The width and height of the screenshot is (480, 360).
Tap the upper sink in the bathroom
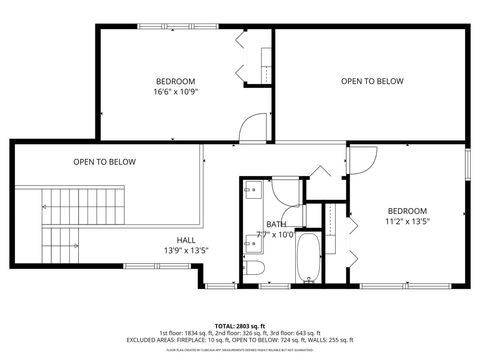pyautogui.click(x=251, y=189)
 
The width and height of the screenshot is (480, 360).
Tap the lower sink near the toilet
pyautogui.click(x=251, y=242)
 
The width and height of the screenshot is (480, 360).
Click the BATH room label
pyautogui.click(x=275, y=224)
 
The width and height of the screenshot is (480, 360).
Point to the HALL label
pyautogui.click(x=186, y=240)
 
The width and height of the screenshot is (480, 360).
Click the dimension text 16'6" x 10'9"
pyautogui.click(x=175, y=92)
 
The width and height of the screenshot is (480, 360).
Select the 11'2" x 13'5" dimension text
pyautogui.click(x=407, y=222)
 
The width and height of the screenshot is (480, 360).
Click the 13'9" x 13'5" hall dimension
pyautogui.click(x=186, y=251)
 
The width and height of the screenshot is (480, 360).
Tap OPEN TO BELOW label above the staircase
pyautogui.click(x=104, y=162)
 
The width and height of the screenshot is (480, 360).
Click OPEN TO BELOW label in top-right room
pyautogui.click(x=372, y=81)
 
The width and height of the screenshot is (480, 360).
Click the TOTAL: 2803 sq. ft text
pyautogui.click(x=239, y=325)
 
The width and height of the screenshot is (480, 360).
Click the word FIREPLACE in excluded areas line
pyautogui.click(x=183, y=340)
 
